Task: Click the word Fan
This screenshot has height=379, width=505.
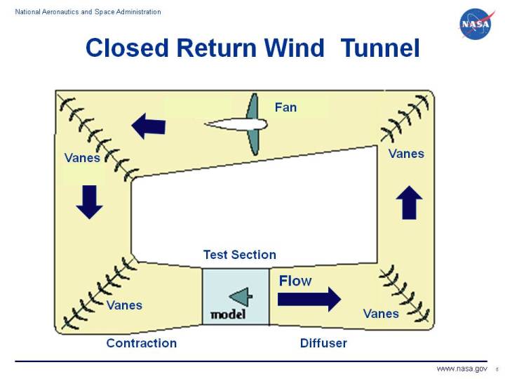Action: click(x=285, y=107)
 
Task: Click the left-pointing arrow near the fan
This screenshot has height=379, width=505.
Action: click(x=149, y=126)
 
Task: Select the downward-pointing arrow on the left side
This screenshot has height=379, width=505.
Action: click(x=90, y=201)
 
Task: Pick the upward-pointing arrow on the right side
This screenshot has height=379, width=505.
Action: click(x=409, y=203)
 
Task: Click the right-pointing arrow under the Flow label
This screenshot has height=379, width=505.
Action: click(x=309, y=299)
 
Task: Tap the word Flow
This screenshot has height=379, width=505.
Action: click(x=295, y=281)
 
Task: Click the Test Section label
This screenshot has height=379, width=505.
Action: click(x=239, y=255)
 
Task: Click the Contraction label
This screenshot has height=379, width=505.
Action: click(x=141, y=343)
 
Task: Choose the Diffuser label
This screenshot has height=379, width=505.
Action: click(x=323, y=343)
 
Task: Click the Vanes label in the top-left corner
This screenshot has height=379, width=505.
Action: click(x=82, y=158)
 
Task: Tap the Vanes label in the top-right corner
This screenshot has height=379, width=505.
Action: click(x=406, y=153)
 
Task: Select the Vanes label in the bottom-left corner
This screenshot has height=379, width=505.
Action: click(x=124, y=305)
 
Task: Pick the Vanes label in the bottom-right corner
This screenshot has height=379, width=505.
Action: click(x=381, y=314)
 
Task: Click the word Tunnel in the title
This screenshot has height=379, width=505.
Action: click(x=379, y=48)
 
